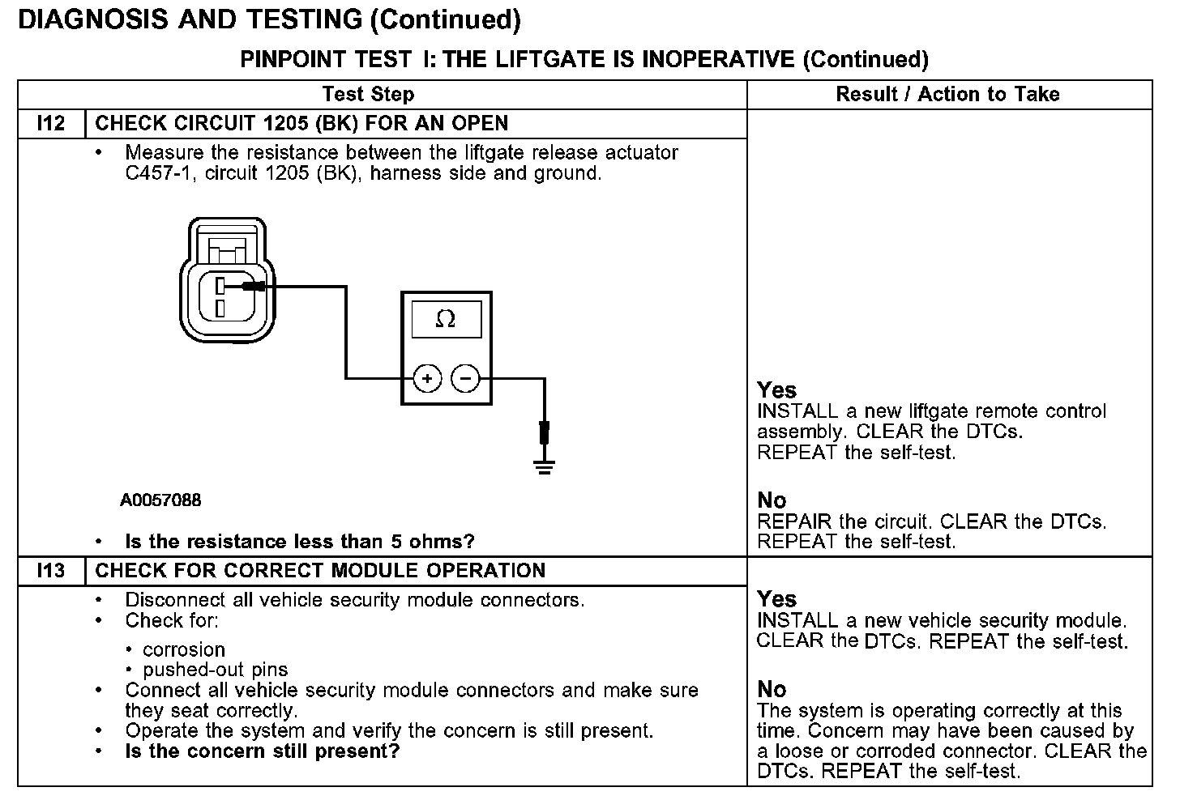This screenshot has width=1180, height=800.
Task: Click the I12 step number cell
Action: coord(51,124)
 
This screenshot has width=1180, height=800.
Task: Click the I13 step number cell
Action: coord(51,571)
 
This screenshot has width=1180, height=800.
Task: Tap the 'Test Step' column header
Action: coord(368,94)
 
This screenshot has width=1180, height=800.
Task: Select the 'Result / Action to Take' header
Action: coord(947,94)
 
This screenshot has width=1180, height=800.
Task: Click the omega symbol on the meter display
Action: coord(445,319)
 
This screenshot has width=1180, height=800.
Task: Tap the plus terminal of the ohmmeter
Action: coord(427,378)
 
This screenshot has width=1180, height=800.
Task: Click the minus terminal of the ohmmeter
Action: coord(465,378)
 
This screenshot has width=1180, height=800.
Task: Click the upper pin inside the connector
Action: coord(220,284)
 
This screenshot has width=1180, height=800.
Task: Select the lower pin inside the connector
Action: coord(220,308)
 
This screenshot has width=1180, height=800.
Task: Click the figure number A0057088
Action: coord(160,500)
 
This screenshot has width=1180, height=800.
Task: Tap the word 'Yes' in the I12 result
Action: coord(776,390)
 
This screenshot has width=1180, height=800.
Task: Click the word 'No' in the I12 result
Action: coord(772,500)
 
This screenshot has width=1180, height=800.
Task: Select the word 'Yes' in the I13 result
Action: coord(776,599)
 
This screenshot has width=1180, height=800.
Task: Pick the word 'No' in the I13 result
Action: coord(772,689)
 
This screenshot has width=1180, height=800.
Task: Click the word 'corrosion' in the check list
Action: coord(184,649)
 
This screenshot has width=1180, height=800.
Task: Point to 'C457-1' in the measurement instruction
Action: coord(154,173)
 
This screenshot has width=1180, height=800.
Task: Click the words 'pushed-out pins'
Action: coord(215,670)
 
